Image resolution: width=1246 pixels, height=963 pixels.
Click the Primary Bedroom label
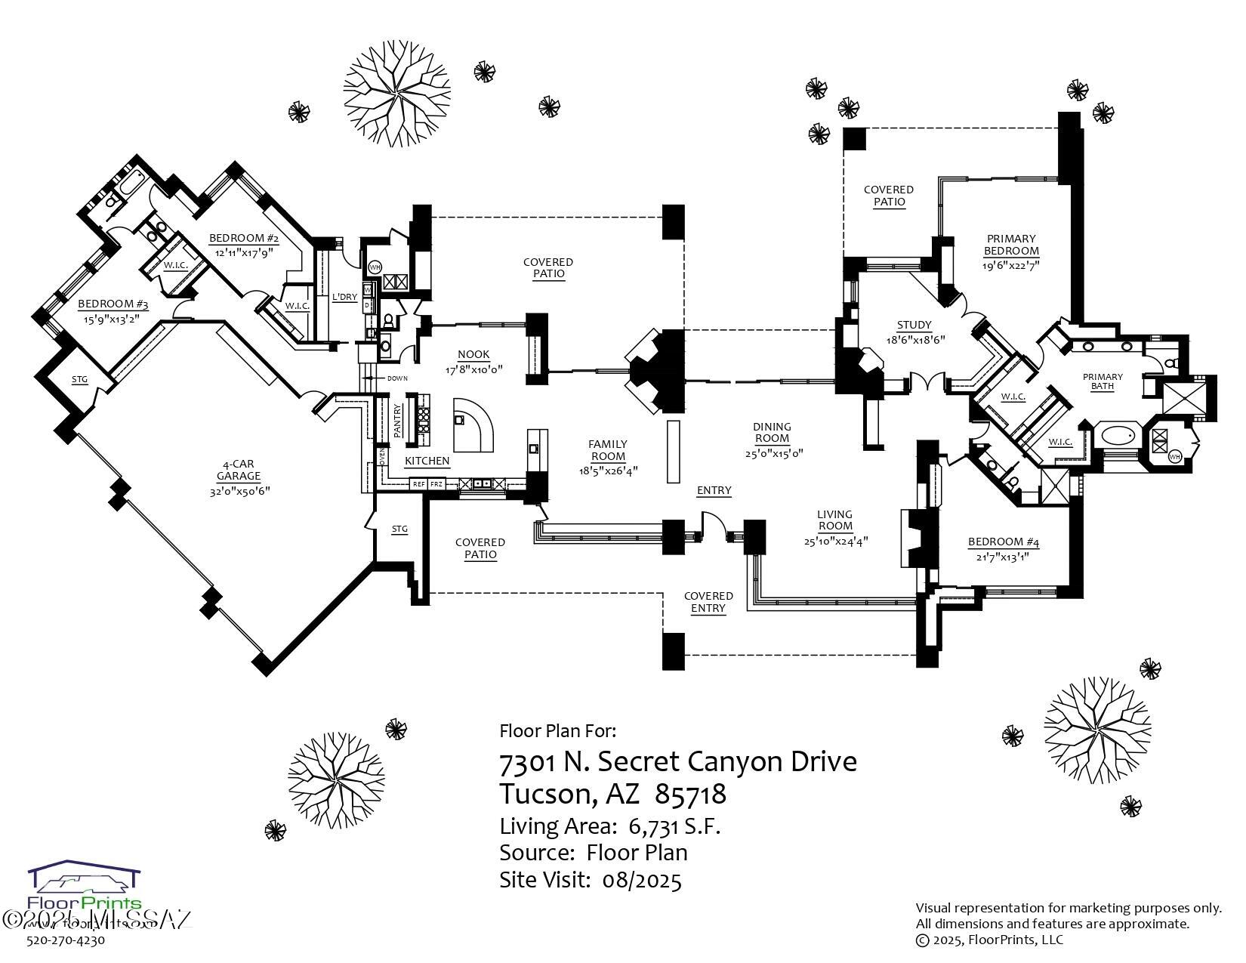click(x=1011, y=245)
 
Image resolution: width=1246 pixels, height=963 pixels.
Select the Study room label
click(x=914, y=326)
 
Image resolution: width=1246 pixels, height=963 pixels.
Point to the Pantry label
click(x=398, y=420)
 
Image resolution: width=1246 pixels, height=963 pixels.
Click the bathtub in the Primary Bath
click(x=1118, y=436)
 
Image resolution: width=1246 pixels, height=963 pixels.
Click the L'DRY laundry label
click(x=344, y=297)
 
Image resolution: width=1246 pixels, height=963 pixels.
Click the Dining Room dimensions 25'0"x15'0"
click(x=772, y=453)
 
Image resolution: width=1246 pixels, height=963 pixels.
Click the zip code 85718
click(x=690, y=794)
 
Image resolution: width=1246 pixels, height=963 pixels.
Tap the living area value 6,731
click(x=654, y=826)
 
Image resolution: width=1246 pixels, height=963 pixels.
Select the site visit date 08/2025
click(x=642, y=880)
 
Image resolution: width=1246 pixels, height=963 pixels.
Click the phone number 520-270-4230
click(x=66, y=940)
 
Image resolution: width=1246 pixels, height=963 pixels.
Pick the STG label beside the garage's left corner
click(x=79, y=380)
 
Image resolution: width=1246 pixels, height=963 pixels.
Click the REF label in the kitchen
click(x=418, y=483)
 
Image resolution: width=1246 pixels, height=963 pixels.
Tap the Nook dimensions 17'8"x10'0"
click(x=473, y=369)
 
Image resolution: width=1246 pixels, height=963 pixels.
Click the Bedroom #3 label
click(x=113, y=306)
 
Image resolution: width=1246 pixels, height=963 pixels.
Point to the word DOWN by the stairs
click(x=396, y=378)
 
